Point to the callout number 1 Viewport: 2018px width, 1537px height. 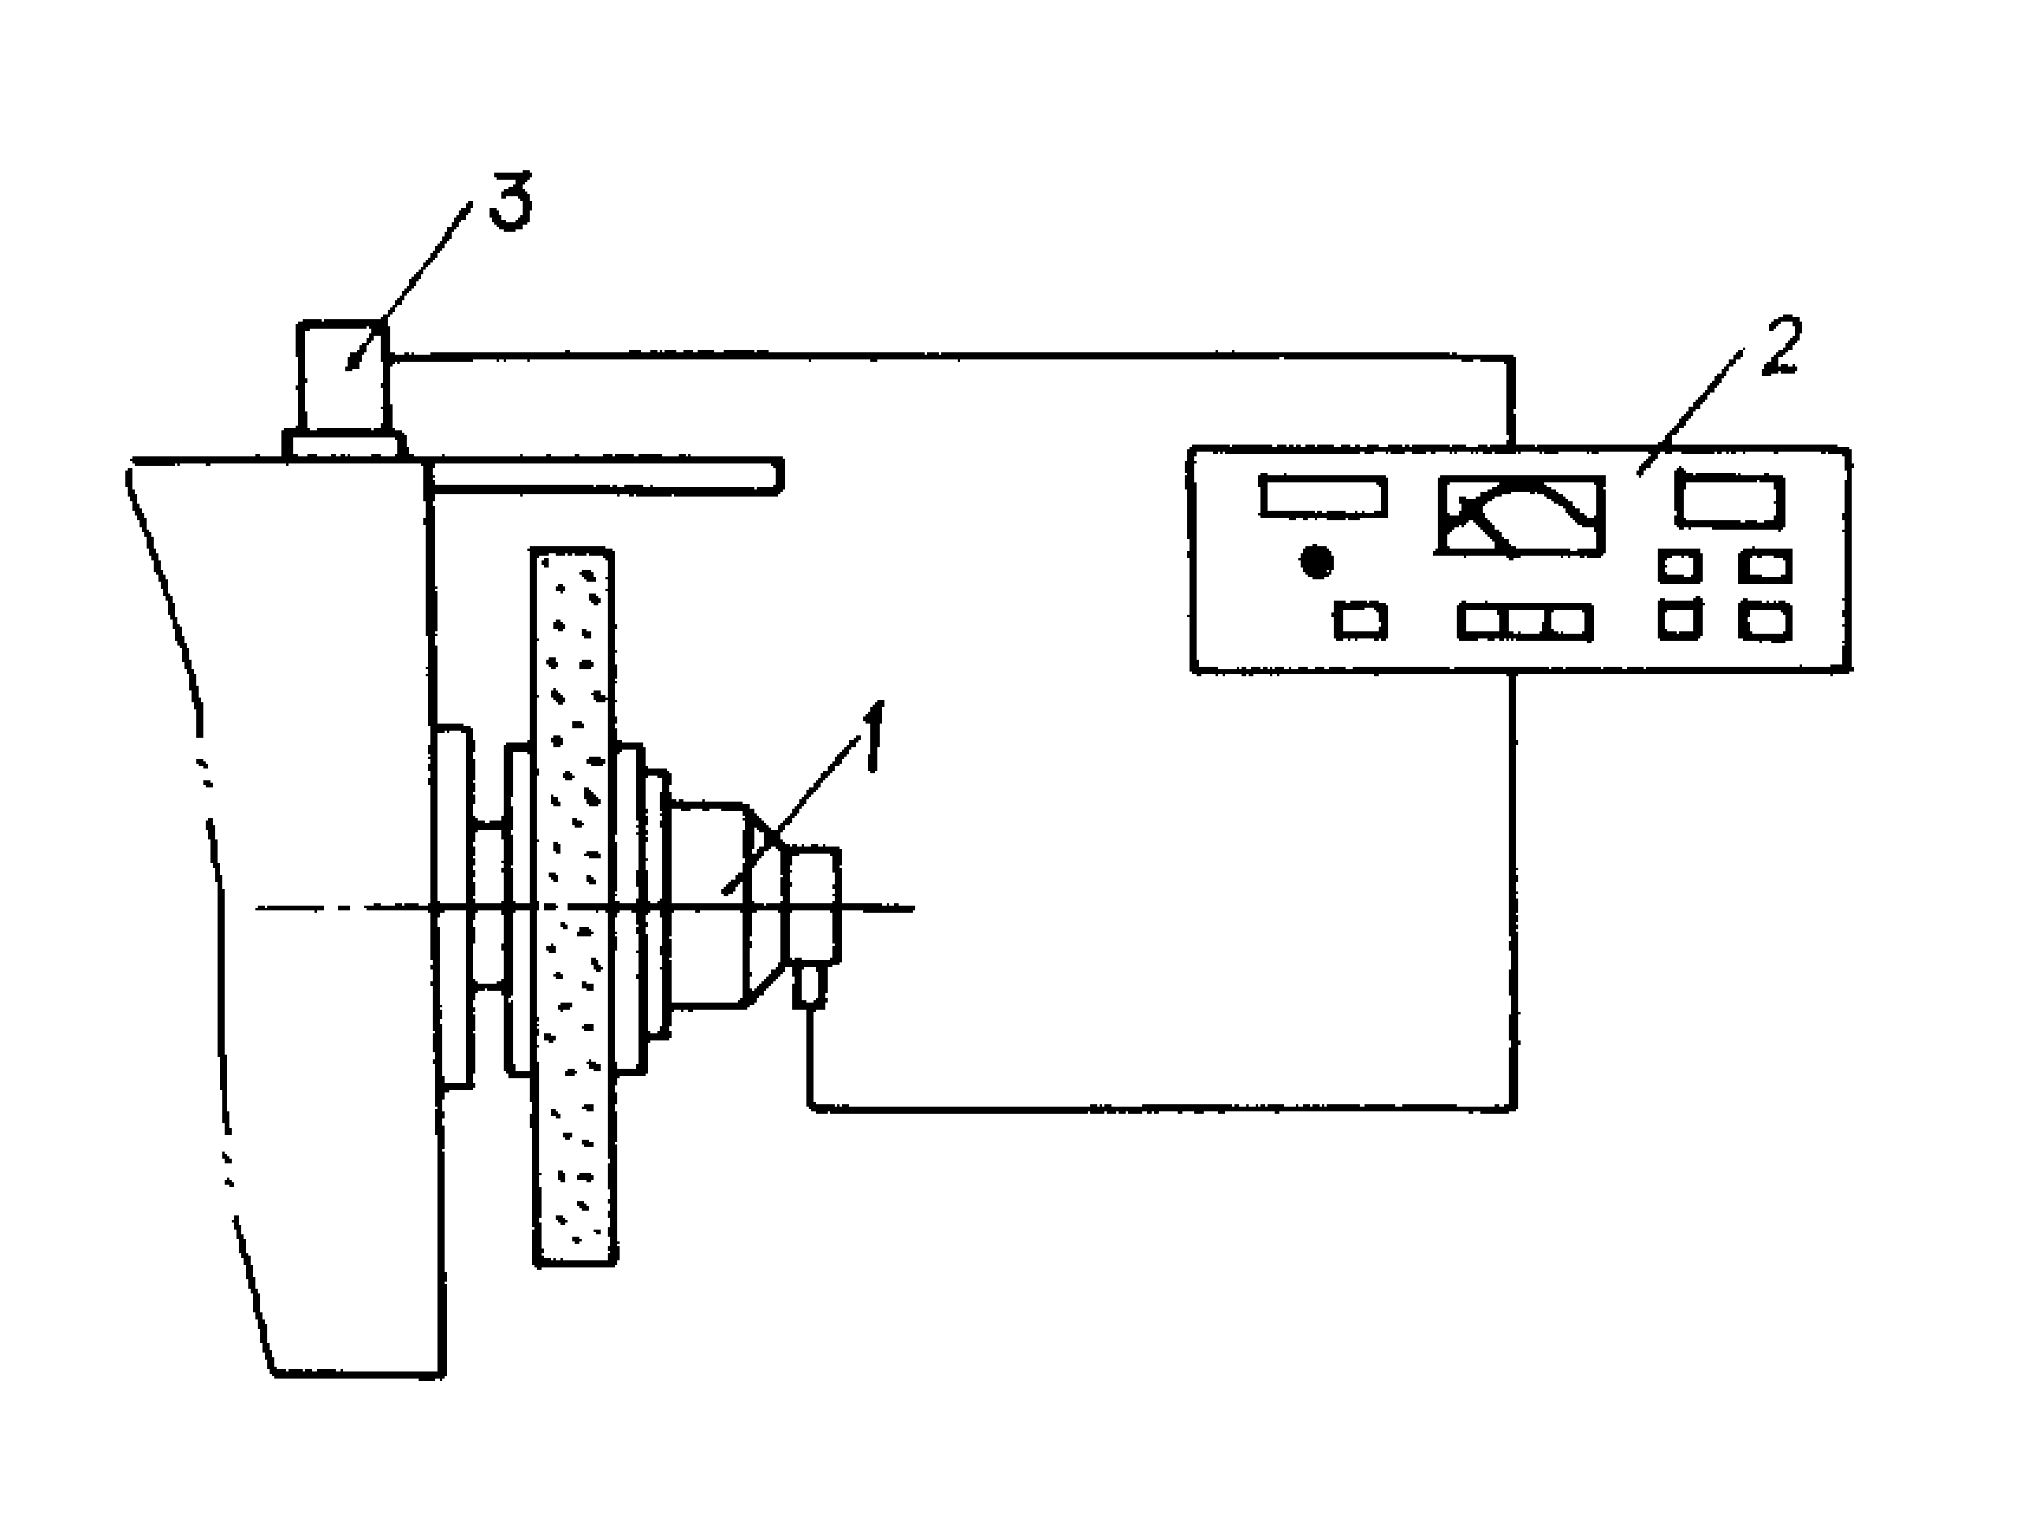[x=873, y=738]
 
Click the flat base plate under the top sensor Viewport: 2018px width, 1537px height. [x=344, y=445]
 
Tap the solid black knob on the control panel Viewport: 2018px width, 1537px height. [x=1316, y=562]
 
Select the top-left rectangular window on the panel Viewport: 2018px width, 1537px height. [x=1323, y=496]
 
